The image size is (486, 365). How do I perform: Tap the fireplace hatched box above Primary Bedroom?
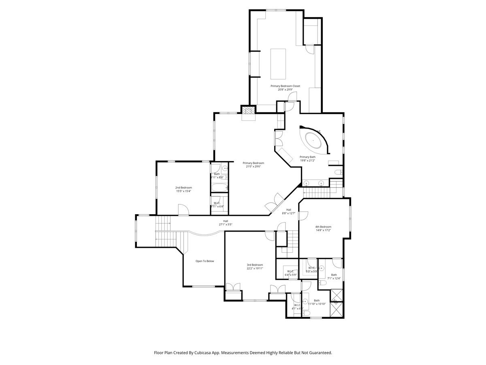coord(248,109)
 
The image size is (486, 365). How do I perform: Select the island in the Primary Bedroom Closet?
coord(278,63)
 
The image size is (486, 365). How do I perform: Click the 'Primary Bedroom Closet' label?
coord(285,86)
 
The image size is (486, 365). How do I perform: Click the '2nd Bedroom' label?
coord(183,187)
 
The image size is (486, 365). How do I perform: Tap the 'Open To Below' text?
coord(205,261)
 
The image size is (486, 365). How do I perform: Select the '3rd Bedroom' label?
coord(255,265)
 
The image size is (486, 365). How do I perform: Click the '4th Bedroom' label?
coord(323,227)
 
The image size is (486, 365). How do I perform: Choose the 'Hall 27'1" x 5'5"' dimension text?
coord(225,225)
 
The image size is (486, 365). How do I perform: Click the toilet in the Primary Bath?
coord(338,173)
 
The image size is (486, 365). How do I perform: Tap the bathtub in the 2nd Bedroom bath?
coord(219,188)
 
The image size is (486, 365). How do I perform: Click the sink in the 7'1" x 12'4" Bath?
coord(322,268)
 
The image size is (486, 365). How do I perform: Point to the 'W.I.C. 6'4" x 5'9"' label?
coord(290,273)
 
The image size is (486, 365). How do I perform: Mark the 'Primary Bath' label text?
coord(307,157)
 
